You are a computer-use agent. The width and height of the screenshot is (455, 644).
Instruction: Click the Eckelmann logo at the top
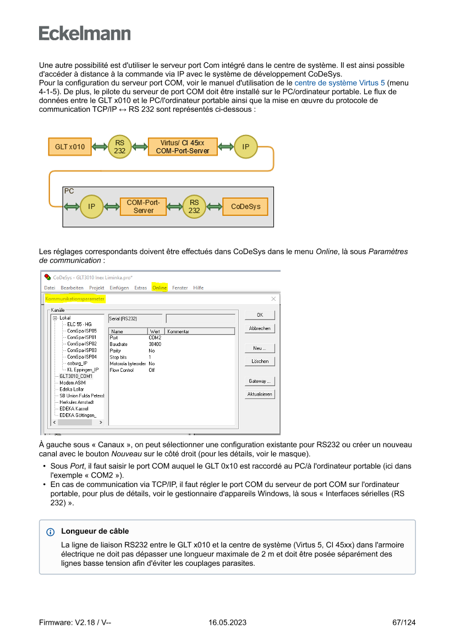click(x=85, y=33)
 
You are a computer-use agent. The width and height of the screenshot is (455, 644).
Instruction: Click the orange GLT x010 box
click(x=70, y=147)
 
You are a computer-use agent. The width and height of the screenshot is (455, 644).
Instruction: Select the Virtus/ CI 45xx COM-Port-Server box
click(x=183, y=147)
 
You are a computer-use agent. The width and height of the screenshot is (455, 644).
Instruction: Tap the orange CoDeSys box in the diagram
click(x=245, y=207)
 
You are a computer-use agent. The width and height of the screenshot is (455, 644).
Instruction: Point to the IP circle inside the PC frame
click(x=91, y=207)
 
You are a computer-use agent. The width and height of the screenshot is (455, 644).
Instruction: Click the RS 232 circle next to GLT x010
click(x=119, y=147)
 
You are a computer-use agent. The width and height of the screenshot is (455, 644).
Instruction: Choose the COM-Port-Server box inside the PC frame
click(x=143, y=207)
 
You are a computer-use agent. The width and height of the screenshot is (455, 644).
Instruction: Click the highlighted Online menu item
click(x=160, y=288)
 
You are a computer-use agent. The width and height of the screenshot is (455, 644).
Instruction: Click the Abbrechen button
click(x=260, y=328)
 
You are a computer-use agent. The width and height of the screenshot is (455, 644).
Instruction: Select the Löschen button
click(x=260, y=361)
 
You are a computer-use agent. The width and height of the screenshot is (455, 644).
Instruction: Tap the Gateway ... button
click(x=260, y=381)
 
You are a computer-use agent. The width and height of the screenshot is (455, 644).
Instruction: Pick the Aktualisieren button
click(x=260, y=394)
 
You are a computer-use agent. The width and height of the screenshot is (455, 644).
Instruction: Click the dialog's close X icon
click(x=273, y=299)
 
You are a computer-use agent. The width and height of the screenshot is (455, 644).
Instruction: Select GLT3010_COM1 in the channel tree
click(x=76, y=376)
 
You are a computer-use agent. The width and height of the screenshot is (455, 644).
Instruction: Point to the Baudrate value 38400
click(x=155, y=344)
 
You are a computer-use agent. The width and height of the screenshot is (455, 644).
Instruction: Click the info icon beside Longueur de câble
click(x=51, y=532)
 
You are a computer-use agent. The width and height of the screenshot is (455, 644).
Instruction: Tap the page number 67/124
click(x=404, y=623)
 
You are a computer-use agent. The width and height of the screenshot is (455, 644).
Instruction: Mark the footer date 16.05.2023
click(x=227, y=623)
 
